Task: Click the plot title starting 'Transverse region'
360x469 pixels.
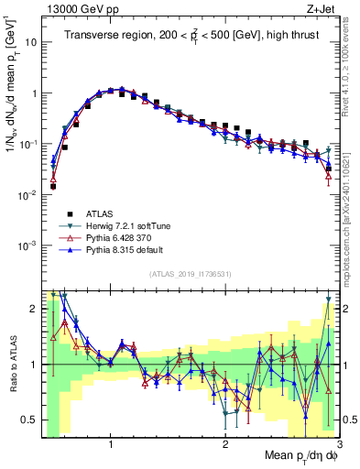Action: [191, 37]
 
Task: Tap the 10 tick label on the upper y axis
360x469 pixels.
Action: [31, 42]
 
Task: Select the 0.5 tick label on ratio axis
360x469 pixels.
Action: [29, 420]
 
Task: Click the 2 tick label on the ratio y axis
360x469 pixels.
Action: [33, 309]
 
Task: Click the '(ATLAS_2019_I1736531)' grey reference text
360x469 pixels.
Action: [191, 274]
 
